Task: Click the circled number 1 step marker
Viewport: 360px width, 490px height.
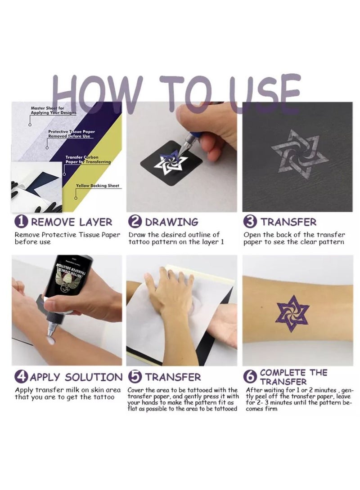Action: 21,221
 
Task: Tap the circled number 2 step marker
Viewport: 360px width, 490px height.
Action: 135,221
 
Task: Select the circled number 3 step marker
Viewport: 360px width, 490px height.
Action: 250,221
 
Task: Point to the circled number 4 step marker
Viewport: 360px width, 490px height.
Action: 21,377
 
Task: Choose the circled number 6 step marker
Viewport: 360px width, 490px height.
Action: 252,377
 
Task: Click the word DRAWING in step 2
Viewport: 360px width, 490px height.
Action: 171,222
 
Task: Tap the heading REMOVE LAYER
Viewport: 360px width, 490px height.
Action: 72,222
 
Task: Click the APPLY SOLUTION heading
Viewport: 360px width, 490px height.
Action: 76,377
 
